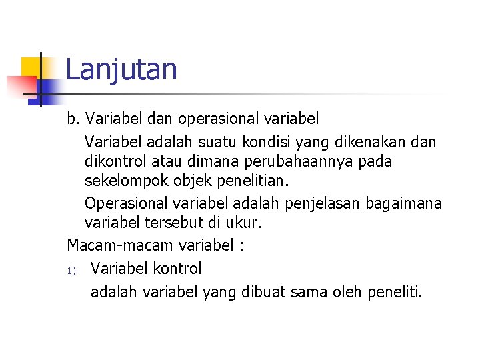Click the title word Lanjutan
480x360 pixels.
(121, 69)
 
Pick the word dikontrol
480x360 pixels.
(117, 161)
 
